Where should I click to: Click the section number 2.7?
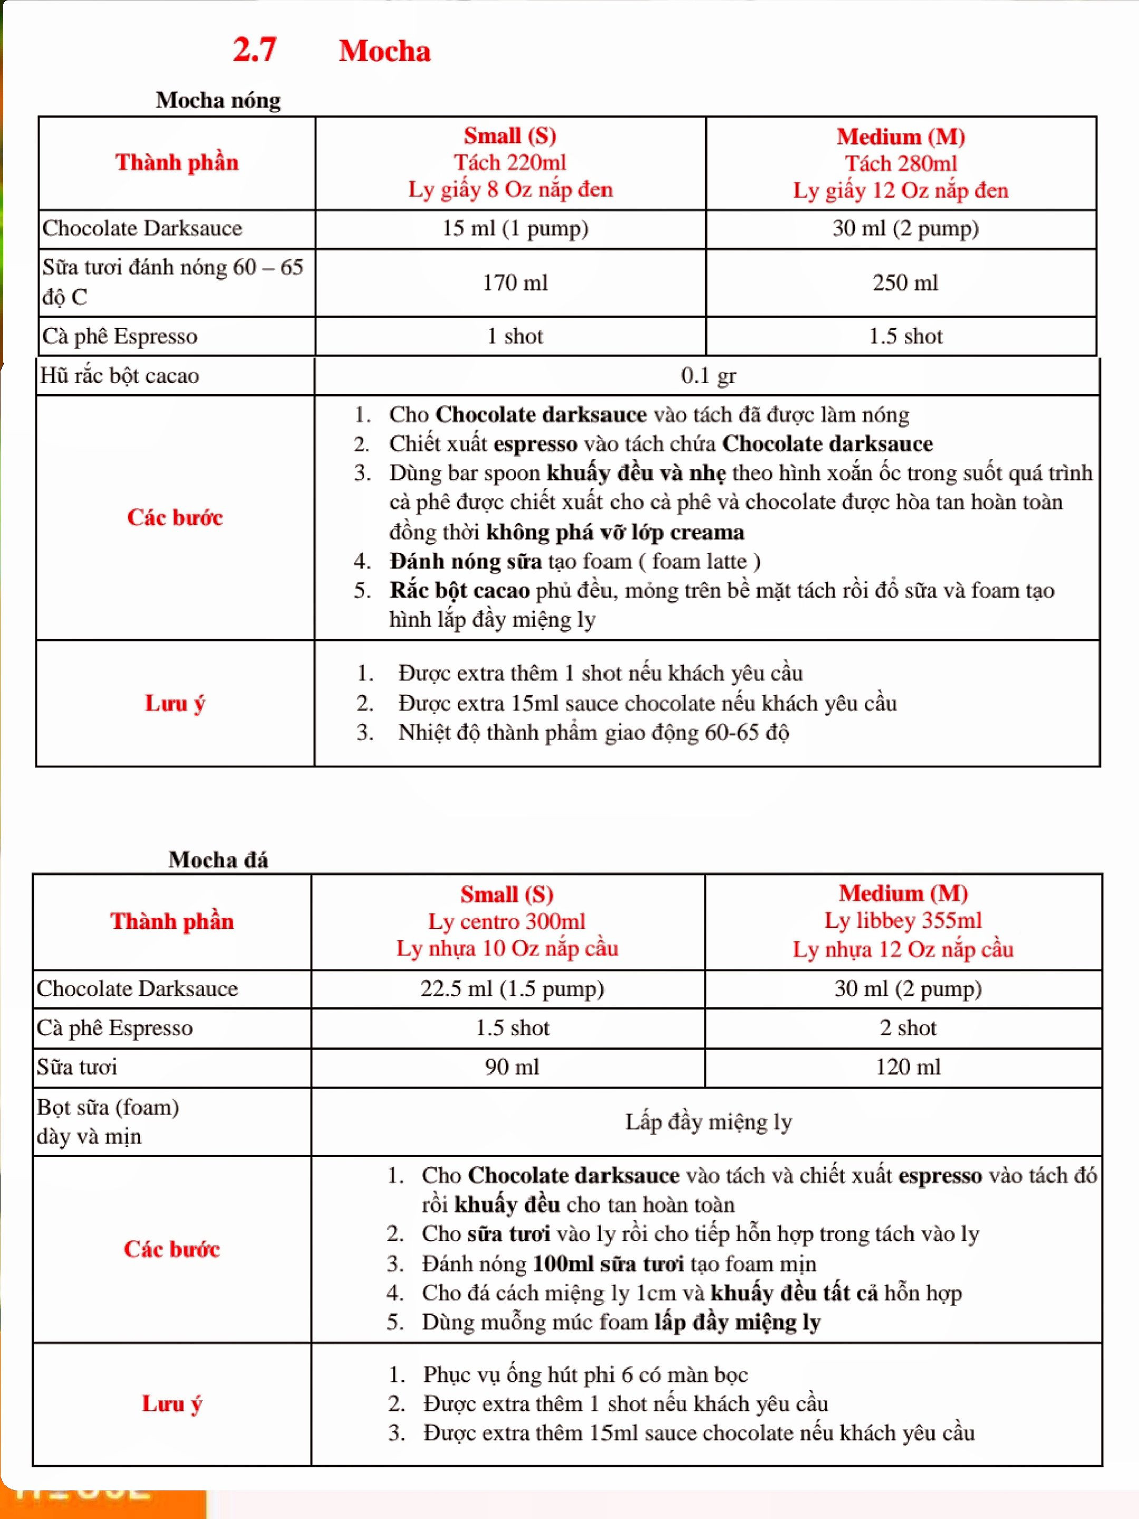point(254,50)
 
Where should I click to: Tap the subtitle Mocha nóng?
point(218,100)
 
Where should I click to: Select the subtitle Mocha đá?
point(218,859)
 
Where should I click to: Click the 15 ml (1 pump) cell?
point(515,228)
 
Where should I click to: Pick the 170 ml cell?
point(515,282)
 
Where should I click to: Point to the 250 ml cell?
point(905,282)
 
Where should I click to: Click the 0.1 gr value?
point(708,376)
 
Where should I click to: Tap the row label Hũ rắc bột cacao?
point(120,376)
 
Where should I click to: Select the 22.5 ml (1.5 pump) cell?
point(511,988)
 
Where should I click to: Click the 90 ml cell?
point(511,1066)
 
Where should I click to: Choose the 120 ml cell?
point(908,1066)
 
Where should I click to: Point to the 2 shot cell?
point(908,1027)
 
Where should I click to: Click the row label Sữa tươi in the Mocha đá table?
point(77,1066)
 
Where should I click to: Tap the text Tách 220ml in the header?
point(509,163)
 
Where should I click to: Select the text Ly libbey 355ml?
point(903,920)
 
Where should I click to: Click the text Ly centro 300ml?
point(507,921)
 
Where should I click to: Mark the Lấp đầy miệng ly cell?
point(708,1121)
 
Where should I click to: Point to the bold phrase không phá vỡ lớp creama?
point(615,532)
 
